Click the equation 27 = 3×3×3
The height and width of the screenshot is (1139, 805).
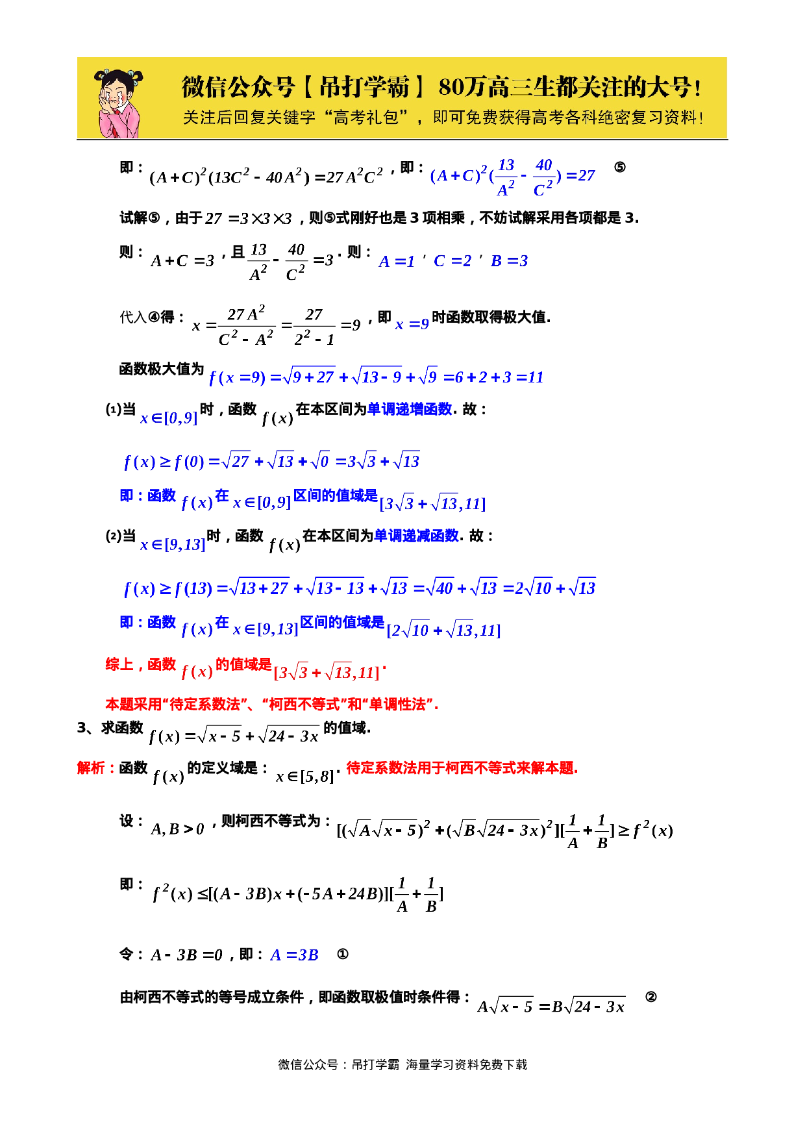[x=249, y=218]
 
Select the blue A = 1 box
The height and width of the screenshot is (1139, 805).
[x=396, y=261]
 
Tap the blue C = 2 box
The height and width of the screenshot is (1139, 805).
[x=452, y=260]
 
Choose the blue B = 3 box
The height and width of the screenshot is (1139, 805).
[x=508, y=260]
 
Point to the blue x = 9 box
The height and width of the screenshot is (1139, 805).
[x=412, y=324]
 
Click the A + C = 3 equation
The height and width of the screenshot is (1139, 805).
[x=182, y=260]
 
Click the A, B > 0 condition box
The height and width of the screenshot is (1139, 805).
[x=177, y=829]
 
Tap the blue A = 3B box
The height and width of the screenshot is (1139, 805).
[x=294, y=955]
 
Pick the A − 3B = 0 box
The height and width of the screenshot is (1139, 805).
[x=186, y=955]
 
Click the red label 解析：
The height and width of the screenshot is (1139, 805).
[x=96, y=768]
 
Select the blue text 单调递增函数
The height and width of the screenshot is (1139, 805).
[x=409, y=409]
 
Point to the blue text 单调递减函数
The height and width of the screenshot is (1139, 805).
[x=416, y=536]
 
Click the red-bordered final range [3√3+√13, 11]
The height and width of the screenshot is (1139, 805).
[x=327, y=672]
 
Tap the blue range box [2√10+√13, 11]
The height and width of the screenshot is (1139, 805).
[x=443, y=630]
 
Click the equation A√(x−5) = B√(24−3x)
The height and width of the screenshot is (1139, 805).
[x=551, y=1006]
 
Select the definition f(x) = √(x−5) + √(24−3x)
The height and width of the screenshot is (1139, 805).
[x=233, y=736]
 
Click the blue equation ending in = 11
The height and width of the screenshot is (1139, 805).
[x=375, y=377]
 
